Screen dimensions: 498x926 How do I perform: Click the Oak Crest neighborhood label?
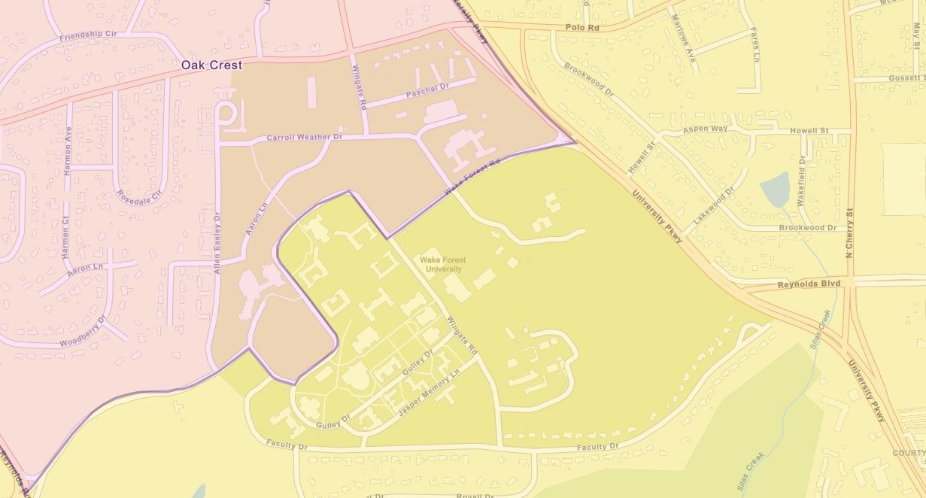click(211, 65)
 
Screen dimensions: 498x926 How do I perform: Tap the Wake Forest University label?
click(444, 264)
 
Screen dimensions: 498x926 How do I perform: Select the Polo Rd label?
click(582, 27)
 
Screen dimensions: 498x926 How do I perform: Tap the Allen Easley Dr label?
click(217, 241)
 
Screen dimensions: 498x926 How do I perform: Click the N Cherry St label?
click(850, 232)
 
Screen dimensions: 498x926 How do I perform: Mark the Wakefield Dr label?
click(803, 181)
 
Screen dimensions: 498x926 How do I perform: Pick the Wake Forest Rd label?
click(472, 178)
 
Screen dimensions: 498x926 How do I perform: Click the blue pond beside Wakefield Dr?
click(775, 189)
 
